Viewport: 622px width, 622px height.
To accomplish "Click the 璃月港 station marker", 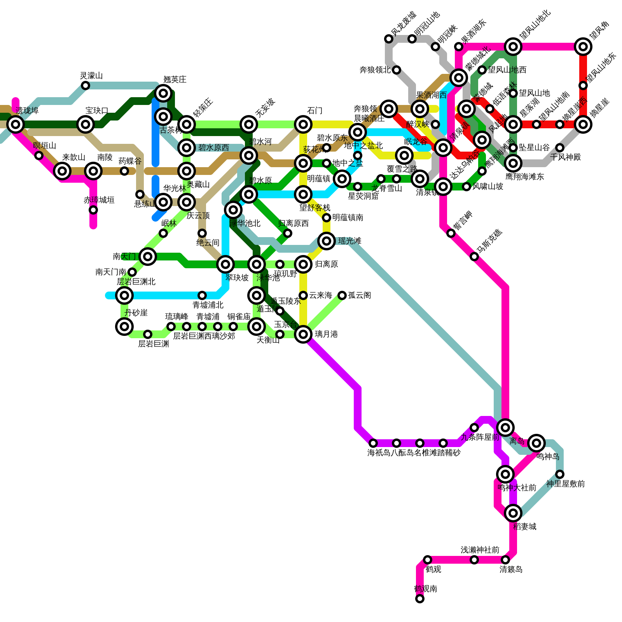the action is pyautogui.click(x=303, y=334).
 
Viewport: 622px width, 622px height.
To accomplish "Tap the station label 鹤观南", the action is pyautogui.click(x=426, y=589).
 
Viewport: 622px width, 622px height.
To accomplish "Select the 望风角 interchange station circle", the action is pyautogui.click(x=583, y=47).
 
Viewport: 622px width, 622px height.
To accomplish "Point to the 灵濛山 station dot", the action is pyautogui.click(x=86, y=86).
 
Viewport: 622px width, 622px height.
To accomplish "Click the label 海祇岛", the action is pyautogui.click(x=379, y=453).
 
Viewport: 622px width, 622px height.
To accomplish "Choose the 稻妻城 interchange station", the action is pyautogui.click(x=513, y=513).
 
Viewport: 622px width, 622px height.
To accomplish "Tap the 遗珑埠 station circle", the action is pyautogui.click(x=16, y=124).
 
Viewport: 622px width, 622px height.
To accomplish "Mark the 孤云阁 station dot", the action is pyautogui.click(x=342, y=295).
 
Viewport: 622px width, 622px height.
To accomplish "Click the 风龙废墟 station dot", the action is pyautogui.click(x=389, y=39).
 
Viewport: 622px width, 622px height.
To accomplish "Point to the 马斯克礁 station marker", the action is pyautogui.click(x=474, y=257).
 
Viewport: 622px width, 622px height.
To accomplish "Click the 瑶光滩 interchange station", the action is pyautogui.click(x=327, y=241).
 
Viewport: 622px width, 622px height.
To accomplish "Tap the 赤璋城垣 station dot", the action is pyautogui.click(x=93, y=210).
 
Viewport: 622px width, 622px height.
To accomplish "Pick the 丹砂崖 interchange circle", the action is pyautogui.click(x=124, y=327).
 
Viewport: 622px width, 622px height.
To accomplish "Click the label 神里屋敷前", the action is pyautogui.click(x=565, y=484).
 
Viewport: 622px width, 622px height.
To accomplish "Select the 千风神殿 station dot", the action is pyautogui.click(x=560, y=148).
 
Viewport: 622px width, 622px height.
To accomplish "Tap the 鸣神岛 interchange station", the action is pyautogui.click(x=536, y=443).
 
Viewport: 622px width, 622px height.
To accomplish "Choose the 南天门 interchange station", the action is pyautogui.click(x=148, y=257).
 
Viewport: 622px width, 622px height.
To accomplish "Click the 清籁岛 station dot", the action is pyautogui.click(x=505, y=560).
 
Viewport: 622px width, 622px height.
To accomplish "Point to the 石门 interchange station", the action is pyautogui.click(x=303, y=124).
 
